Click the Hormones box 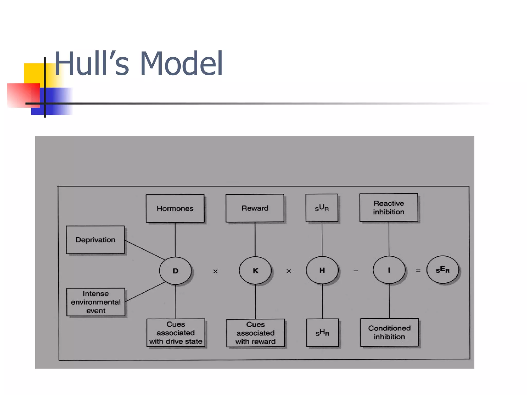[x=175, y=208]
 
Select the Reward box [x=255, y=208]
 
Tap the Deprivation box [x=95, y=240]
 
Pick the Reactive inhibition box [x=389, y=208]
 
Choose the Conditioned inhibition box [x=389, y=333]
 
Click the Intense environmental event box [x=96, y=302]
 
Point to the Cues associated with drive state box [x=176, y=333]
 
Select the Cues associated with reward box [x=256, y=333]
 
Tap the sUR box [x=322, y=208]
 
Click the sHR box [x=322, y=333]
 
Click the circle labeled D [x=175, y=271]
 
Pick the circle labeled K [x=255, y=271]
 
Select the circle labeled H [x=322, y=270]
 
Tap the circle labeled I [x=389, y=270]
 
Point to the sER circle [x=443, y=270]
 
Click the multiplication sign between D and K [x=215, y=271]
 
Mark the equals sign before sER [x=418, y=271]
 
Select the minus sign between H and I [x=356, y=271]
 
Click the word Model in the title [x=181, y=64]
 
